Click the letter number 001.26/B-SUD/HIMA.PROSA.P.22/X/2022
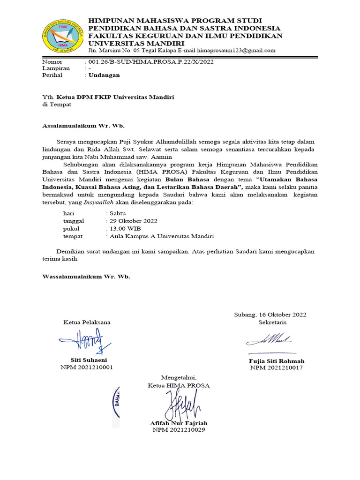coord(149,61)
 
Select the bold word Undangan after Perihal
coord(105,75)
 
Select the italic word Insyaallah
coord(98,202)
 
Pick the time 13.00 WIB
coord(124,229)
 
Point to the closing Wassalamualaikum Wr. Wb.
coord(86,277)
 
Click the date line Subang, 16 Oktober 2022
coord(270,315)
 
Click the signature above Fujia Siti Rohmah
coord(270,339)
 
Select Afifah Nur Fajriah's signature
coord(180,405)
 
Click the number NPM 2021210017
coord(276,368)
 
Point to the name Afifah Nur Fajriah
coord(179,423)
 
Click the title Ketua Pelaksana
coord(87,322)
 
